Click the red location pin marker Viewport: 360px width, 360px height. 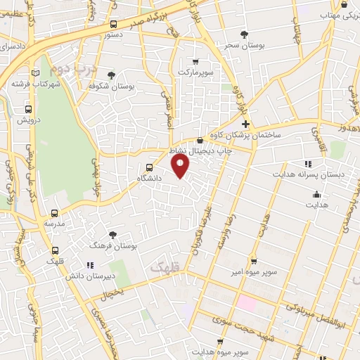pos(181,166)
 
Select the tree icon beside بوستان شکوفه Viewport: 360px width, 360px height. pos(110,75)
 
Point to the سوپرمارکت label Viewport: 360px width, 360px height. pos(195,72)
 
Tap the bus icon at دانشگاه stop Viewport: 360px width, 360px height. pos(148,167)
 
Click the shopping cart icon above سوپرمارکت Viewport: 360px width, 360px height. pos(195,62)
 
